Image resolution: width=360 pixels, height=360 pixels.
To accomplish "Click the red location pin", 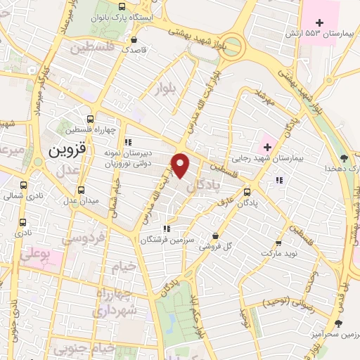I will (181, 165).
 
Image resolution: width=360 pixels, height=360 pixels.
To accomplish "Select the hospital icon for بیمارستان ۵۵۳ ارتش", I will (320, 22).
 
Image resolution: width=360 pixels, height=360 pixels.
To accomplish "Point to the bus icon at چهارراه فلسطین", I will (89, 120).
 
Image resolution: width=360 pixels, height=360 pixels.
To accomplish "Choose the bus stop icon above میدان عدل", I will (82, 190).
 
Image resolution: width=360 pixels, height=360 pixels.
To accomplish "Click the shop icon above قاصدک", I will (134, 39).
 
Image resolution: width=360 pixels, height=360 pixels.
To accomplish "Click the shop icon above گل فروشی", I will (215, 236).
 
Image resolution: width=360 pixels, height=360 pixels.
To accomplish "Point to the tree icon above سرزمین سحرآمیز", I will (339, 323).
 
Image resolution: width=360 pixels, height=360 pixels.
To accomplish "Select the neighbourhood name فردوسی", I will (83, 239).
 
